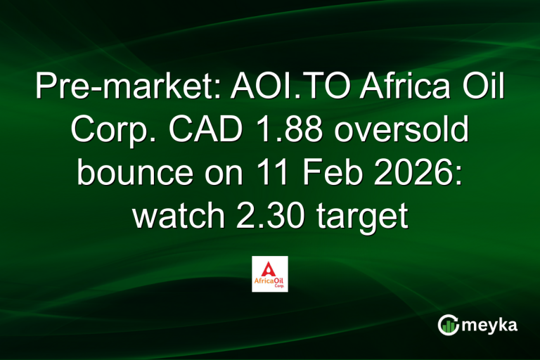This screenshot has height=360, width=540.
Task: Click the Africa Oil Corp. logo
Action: point(269,274)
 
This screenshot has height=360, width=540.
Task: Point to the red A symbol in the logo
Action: point(269,267)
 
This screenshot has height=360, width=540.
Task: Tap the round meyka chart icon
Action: point(448,324)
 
